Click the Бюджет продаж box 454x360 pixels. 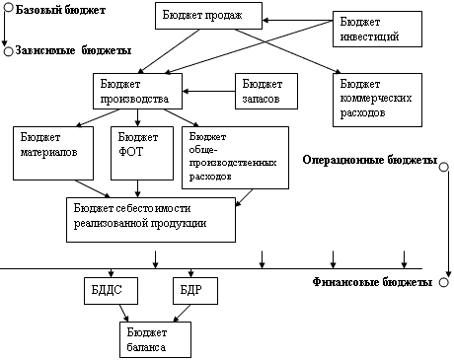(208, 16)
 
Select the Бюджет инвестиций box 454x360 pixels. (377, 29)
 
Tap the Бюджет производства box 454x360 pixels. (137, 91)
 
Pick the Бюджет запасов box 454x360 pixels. (266, 91)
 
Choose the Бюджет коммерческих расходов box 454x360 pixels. (377, 100)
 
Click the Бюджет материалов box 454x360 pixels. (53, 153)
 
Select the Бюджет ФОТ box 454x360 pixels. (142, 153)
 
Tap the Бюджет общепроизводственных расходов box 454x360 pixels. (235, 158)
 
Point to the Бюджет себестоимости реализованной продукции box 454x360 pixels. (151, 220)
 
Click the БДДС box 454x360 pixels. (111, 291)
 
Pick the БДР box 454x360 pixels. (195, 291)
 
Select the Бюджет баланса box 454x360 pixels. (155, 339)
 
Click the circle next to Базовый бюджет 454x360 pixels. (9, 8)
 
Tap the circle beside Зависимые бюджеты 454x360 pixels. (9, 51)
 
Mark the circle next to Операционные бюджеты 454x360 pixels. (444, 167)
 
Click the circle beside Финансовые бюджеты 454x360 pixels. (444, 282)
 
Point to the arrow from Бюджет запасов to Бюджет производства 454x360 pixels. (208, 91)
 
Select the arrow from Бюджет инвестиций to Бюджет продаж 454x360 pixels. (297, 21)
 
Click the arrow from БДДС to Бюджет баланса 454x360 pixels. (123, 313)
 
